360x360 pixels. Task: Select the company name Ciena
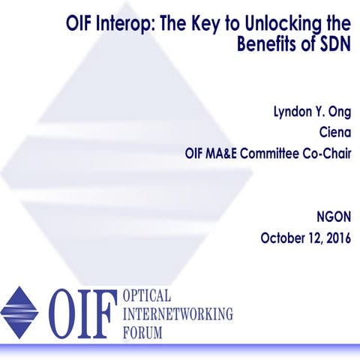point(334,133)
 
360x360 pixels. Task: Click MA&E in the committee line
point(229,154)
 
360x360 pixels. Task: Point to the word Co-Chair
point(330,154)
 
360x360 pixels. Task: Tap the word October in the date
point(283,239)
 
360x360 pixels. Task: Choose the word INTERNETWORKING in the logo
point(177,312)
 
